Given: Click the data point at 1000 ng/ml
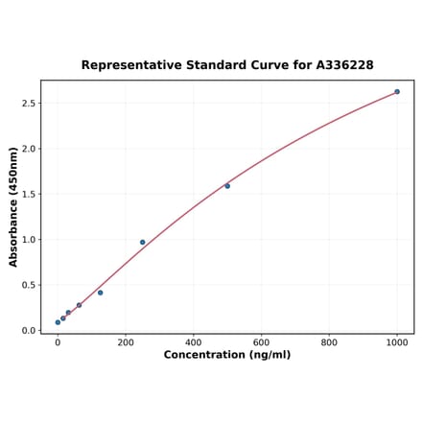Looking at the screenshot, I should pyautogui.click(x=397, y=92).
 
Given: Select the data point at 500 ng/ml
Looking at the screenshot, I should pyautogui.click(x=227, y=186).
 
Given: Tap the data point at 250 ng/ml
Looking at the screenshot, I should pyautogui.click(x=143, y=243).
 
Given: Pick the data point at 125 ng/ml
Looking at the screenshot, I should pyautogui.click(x=100, y=293).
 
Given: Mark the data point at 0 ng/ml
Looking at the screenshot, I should pyautogui.click(x=58, y=322).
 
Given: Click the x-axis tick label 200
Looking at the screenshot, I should pyautogui.click(x=126, y=341).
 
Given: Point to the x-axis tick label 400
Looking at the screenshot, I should pyautogui.click(x=194, y=341).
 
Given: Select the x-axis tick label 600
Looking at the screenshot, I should pyautogui.click(x=262, y=341).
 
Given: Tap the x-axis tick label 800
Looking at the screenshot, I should pyautogui.click(x=329, y=341).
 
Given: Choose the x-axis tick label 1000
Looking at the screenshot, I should pyautogui.click(x=397, y=341).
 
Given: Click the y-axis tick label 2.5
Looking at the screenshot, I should pyautogui.click(x=29, y=104).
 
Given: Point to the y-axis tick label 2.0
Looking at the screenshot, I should pyautogui.click(x=29, y=149).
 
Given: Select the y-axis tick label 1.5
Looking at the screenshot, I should pyautogui.click(x=29, y=195).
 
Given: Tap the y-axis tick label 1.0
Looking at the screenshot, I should pyautogui.click(x=29, y=240).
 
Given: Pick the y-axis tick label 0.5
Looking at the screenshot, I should pyautogui.click(x=29, y=286).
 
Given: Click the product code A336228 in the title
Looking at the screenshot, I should pyautogui.click(x=340, y=65).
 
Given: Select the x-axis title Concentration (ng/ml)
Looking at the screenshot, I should pyautogui.click(x=227, y=355).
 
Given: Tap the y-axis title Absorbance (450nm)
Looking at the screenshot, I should pyautogui.click(x=13, y=206).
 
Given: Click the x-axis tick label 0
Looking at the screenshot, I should pyautogui.click(x=58, y=341).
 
